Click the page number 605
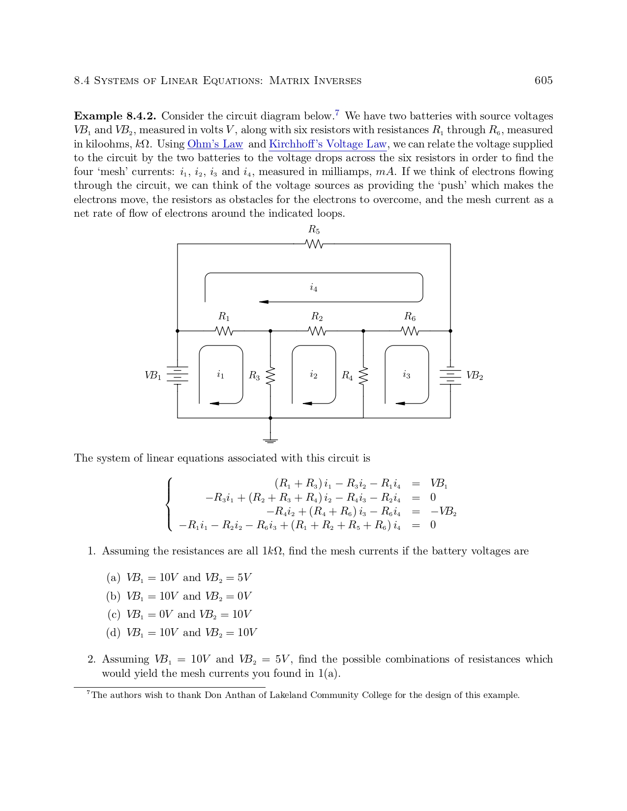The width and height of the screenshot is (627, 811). pos(543,81)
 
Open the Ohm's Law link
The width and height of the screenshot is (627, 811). pos(215,145)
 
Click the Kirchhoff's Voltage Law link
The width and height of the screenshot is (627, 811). pos(328,145)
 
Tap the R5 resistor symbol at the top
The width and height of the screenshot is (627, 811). pos(314,244)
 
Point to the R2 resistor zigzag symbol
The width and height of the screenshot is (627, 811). pos(317,331)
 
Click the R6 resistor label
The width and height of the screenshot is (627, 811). pos(410,317)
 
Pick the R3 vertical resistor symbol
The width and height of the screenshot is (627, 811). pos(270,377)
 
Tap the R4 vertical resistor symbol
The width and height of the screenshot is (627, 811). pos(363,377)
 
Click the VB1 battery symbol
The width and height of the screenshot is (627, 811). pos(178,376)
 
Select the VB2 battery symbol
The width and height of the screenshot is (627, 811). pos(450,376)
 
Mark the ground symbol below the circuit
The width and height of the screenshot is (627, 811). pos(270,440)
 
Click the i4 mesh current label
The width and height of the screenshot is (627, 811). pos(314,288)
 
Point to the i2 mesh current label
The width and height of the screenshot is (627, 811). pos(313,375)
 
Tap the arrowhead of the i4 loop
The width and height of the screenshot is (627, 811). pos(264,302)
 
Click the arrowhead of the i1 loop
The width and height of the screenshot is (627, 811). pos(214,404)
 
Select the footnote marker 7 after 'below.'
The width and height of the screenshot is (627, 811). pos(337,113)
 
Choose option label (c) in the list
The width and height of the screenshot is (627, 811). pos(114,614)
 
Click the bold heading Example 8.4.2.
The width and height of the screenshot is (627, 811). pos(115,116)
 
